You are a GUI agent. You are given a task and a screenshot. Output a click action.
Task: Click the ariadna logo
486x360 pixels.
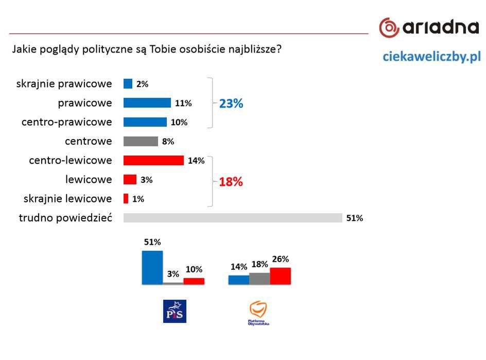[x=428, y=27]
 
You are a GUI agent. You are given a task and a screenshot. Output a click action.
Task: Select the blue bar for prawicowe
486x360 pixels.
[x=147, y=103]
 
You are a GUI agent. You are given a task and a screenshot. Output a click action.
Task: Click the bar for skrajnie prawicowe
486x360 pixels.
[x=128, y=84]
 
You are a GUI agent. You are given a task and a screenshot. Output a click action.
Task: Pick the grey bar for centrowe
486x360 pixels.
[x=141, y=141]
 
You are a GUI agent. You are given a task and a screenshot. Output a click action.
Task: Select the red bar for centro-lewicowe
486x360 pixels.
[x=153, y=160]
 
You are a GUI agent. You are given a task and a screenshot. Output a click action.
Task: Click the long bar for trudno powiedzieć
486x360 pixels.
[x=233, y=218]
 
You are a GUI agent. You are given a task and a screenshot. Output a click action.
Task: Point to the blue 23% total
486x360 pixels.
[x=231, y=104]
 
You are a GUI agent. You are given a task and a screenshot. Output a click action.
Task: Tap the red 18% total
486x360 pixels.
[x=231, y=182]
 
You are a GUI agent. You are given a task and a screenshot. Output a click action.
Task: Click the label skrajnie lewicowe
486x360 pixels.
[x=68, y=199]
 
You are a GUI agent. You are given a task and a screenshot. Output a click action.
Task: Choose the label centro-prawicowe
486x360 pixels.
[x=66, y=122]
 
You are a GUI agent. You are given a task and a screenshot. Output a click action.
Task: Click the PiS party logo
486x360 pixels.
[x=175, y=311]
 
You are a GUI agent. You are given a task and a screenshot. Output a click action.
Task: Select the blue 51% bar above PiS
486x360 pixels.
[x=152, y=267]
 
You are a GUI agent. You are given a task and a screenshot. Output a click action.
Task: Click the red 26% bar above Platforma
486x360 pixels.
[x=280, y=276]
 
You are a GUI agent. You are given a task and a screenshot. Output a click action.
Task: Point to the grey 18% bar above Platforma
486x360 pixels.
[x=259, y=279]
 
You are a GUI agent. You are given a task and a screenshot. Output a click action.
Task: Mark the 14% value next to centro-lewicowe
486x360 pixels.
[x=196, y=161]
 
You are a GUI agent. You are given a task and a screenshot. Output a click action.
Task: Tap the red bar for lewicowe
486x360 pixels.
[x=130, y=180]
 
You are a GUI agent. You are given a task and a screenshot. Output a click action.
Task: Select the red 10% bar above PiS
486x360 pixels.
[x=194, y=281]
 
